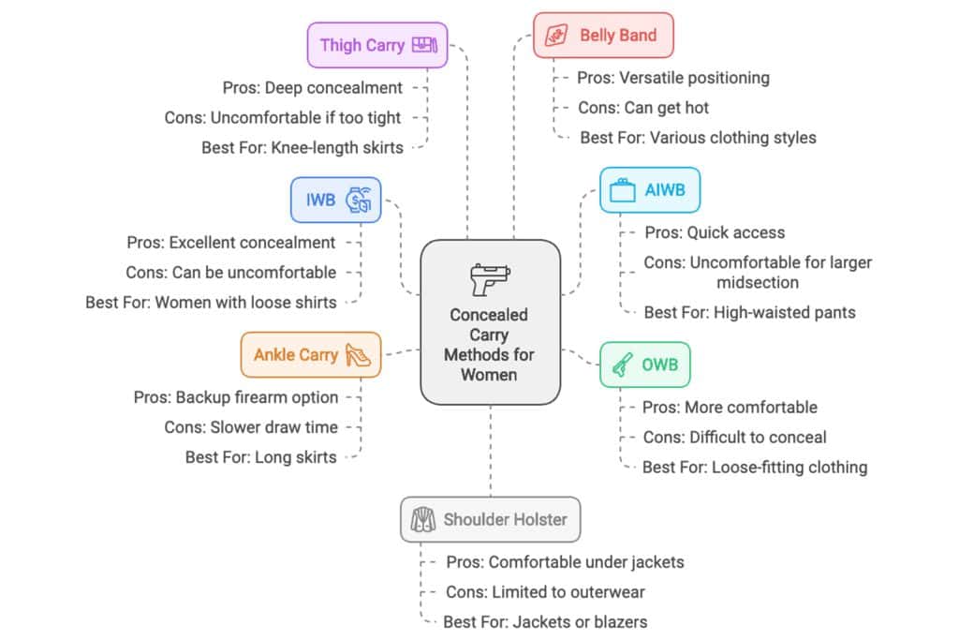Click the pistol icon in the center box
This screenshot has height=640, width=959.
click(x=490, y=278)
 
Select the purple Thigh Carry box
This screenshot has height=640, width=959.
click(x=377, y=45)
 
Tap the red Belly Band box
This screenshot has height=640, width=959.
click(x=603, y=36)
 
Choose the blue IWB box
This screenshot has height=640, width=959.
click(x=335, y=200)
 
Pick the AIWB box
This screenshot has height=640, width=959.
click(x=649, y=190)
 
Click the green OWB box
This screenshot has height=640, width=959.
click(x=644, y=365)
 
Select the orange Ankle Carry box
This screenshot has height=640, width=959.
click(x=311, y=355)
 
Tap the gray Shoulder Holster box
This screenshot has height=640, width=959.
click(x=490, y=519)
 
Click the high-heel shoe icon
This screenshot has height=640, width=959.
click(x=358, y=355)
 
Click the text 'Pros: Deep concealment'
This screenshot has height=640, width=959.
click(x=313, y=88)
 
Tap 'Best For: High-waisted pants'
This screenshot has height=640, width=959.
click(x=749, y=312)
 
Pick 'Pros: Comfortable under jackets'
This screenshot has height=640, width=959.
click(x=565, y=562)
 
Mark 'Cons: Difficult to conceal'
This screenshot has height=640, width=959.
click(x=734, y=437)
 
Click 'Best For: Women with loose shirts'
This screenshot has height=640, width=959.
click(x=211, y=302)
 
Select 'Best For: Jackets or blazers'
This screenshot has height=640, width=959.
click(x=545, y=621)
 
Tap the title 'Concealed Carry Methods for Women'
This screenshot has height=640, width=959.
click(x=489, y=345)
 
